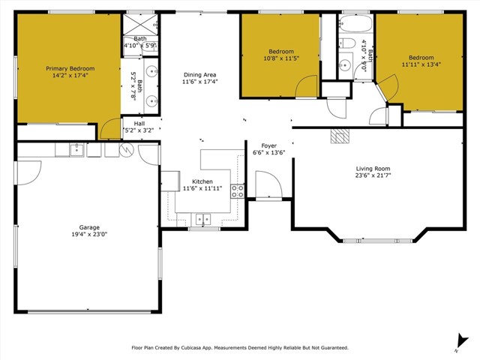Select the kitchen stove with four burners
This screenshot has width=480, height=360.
click(x=237, y=190)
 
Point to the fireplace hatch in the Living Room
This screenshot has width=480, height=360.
click(x=341, y=136)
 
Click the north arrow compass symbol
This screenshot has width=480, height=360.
click(x=456, y=342)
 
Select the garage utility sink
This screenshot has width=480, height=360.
click(x=76, y=150)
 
